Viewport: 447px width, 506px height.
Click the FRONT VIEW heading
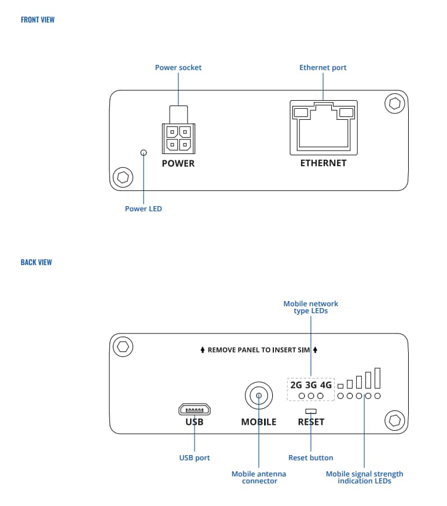tap(38, 20)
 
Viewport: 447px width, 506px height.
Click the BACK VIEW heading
tap(36, 262)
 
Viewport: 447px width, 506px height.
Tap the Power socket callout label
tap(178, 68)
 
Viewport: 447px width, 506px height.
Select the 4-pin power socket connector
tap(178, 137)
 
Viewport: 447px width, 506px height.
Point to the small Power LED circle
tap(144, 152)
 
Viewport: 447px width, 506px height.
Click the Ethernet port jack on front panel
tap(323, 128)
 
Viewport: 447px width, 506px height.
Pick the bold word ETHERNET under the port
tap(323, 163)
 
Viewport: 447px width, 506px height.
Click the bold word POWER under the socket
tap(178, 163)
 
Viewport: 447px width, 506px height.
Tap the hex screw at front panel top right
tap(395, 104)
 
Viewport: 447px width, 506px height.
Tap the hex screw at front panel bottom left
tap(123, 176)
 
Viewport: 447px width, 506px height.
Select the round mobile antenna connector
tap(258, 397)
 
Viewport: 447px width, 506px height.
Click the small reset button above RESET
tap(311, 410)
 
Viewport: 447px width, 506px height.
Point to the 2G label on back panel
tap(296, 384)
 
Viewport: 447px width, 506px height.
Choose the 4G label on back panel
tap(325, 384)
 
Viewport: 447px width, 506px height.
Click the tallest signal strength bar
tap(377, 378)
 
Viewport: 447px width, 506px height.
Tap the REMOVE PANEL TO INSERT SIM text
tap(258, 350)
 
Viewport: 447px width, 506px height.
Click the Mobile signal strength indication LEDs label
tap(364, 478)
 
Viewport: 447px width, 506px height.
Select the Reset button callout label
tap(311, 458)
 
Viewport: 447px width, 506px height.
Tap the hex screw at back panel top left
tap(123, 347)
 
